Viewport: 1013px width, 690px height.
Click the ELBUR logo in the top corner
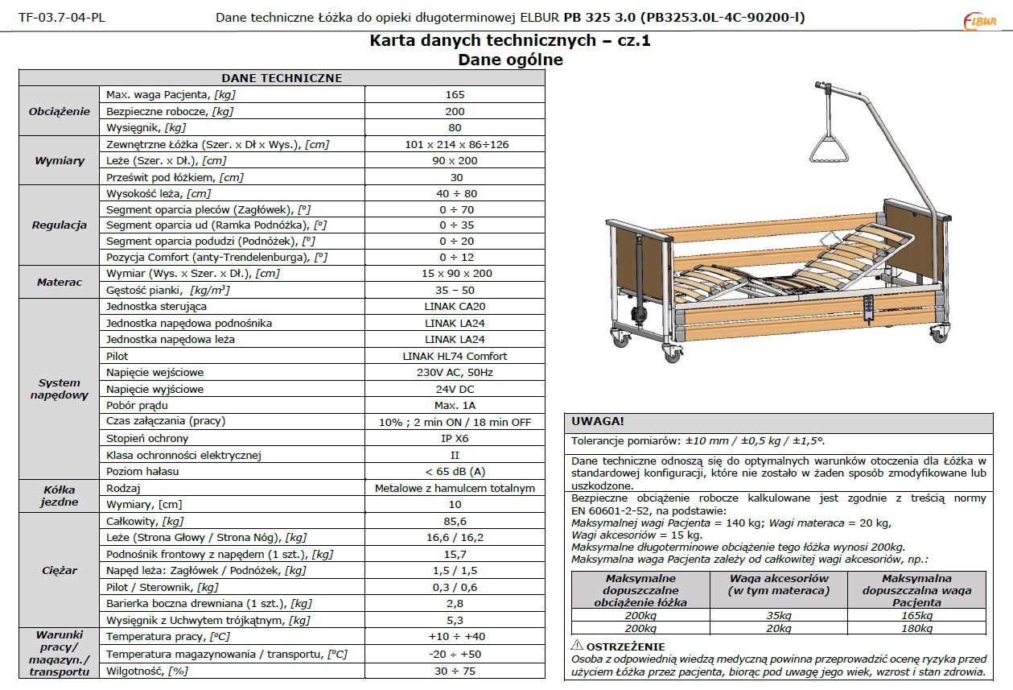coord(979,19)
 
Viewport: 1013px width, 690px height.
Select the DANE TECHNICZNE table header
coord(282,78)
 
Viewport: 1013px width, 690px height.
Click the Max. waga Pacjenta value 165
coord(455,95)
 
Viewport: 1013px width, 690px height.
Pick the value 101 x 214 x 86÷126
coord(455,144)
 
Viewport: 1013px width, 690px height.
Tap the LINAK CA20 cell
coord(455,307)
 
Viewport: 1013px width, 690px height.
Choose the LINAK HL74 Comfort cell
coord(455,356)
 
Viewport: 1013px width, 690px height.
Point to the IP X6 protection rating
coord(455,438)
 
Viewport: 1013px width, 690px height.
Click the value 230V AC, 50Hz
coord(455,373)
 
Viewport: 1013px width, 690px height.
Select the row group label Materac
coord(59,283)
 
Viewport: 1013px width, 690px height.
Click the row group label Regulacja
coord(59,225)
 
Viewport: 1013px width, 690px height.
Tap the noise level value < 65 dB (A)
coord(455,471)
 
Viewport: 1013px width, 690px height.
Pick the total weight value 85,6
coord(455,521)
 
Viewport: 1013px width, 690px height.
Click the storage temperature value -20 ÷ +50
coord(455,654)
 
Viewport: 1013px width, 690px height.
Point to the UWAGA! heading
coord(598,421)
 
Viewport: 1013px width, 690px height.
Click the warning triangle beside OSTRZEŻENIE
coord(577,646)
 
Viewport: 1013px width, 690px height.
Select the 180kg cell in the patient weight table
coord(916,629)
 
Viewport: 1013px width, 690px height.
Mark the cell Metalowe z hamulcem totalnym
coord(455,488)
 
